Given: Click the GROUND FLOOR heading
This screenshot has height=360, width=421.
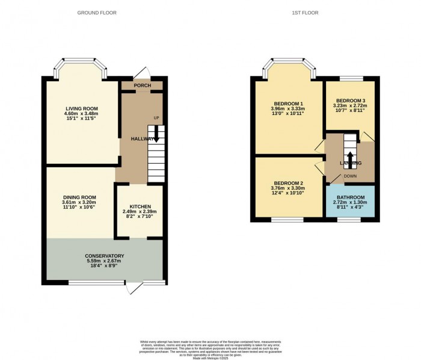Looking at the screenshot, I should tap(97, 13).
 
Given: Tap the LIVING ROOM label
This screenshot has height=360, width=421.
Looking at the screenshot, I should tap(82, 108).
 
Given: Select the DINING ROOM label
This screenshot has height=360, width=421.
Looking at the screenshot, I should tap(80, 197).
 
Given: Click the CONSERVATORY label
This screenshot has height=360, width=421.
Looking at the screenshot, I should tap(104, 256).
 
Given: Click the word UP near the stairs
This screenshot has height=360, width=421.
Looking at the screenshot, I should tap(156, 117).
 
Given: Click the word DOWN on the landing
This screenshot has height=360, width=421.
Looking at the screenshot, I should tap(351, 176).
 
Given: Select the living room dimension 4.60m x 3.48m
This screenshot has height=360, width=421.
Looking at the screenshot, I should tap(82, 114).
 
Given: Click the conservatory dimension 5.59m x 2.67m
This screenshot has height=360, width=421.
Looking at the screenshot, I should tap(104, 261).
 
